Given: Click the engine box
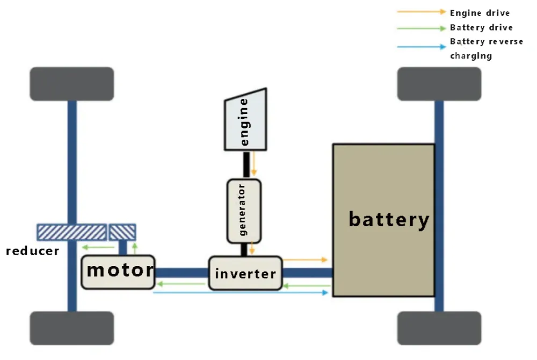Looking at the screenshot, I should [x=246, y=121].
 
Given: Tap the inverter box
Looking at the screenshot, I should [x=245, y=273].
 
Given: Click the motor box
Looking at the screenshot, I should [x=118, y=271].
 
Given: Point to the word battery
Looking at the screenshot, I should [x=389, y=219].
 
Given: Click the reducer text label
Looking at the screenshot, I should [x=32, y=251].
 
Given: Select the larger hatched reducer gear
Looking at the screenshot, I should [x=71, y=232].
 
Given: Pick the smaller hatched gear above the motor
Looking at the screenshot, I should [x=122, y=232].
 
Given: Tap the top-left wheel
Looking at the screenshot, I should [x=72, y=84].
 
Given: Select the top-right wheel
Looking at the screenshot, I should [x=439, y=84].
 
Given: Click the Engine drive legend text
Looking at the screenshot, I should [x=480, y=13].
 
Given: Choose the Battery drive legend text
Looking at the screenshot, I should [x=481, y=27].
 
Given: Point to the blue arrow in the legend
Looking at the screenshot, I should [x=421, y=47].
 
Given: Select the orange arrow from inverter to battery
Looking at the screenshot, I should [x=304, y=260].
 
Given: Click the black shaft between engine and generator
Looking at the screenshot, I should [x=246, y=163].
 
